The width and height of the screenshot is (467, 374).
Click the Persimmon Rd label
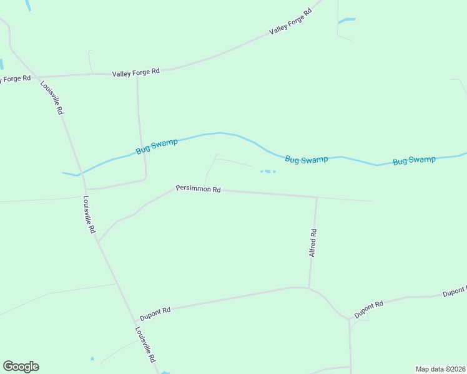(x=199, y=188)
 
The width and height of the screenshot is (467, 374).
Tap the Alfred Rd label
(x=313, y=243)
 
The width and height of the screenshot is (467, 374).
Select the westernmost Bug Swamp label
(x=157, y=146)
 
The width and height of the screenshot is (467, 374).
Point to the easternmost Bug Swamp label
(x=414, y=161)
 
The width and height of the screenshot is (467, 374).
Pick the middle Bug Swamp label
(x=307, y=160)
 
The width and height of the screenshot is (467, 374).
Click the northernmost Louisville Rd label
(x=52, y=97)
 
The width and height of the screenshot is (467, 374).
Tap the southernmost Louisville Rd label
(x=145, y=345)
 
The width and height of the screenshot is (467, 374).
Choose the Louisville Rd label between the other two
(x=89, y=215)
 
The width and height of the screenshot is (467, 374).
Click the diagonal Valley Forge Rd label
(x=290, y=22)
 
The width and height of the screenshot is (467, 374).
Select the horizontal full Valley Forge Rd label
(x=136, y=72)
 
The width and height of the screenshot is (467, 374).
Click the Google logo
(x=21, y=367)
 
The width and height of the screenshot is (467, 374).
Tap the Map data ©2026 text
(x=440, y=368)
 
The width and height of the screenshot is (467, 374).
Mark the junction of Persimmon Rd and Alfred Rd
(x=317, y=198)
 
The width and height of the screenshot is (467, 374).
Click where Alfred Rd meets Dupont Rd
(x=309, y=287)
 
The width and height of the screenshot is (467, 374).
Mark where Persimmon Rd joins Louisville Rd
(x=98, y=242)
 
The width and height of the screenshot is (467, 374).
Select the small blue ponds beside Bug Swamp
(x=267, y=171)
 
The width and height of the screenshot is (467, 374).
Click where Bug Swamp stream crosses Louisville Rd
(x=79, y=175)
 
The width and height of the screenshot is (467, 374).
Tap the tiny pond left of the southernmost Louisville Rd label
(x=92, y=359)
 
